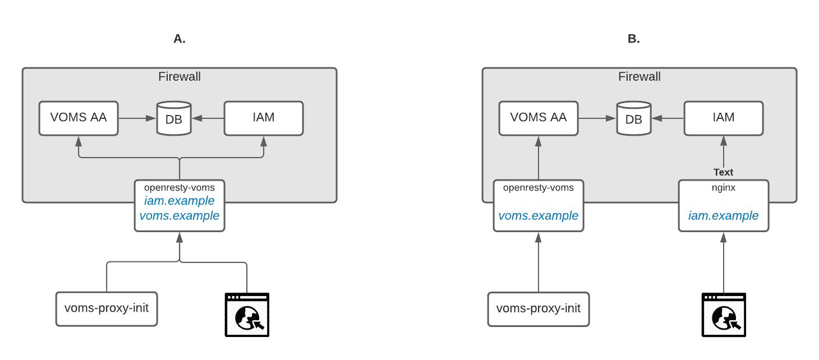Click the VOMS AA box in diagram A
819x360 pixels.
point(79,118)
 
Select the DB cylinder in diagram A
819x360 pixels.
point(174,118)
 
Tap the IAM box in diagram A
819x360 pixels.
point(264,118)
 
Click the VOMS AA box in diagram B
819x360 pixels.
point(539,118)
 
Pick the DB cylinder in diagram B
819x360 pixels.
point(634,118)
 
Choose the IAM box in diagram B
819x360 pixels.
point(724,118)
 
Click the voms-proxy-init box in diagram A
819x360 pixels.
point(107,308)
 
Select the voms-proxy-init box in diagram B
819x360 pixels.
point(539,308)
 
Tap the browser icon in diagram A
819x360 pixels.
point(247,315)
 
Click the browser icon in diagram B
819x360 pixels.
point(724,315)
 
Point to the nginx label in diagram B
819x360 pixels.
point(724,188)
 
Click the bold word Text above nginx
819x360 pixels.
point(724,172)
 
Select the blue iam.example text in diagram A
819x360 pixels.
point(180,201)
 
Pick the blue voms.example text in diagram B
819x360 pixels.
point(539,216)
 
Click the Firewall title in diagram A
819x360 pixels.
point(180,77)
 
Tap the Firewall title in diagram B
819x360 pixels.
point(639,77)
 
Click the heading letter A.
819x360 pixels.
point(180,39)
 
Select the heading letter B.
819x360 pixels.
point(634,39)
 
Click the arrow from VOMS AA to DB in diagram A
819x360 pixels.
point(137,118)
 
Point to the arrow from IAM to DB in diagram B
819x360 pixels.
point(668,118)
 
